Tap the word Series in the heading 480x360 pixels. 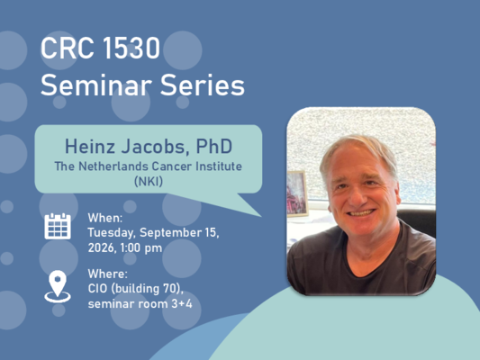pos(203,85)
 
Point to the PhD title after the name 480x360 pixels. pos(214,146)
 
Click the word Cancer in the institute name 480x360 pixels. pos(172,166)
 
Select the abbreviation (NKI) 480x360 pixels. pos(149,182)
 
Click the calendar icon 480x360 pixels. pos(58,226)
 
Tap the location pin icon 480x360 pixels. pos(58,286)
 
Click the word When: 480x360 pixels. pos(105,218)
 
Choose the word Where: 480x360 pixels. pos(107,274)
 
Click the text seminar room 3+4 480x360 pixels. pos(140,303)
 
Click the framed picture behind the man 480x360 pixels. pos(296,193)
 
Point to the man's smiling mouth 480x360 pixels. pos(362,212)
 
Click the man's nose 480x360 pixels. pos(356,197)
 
